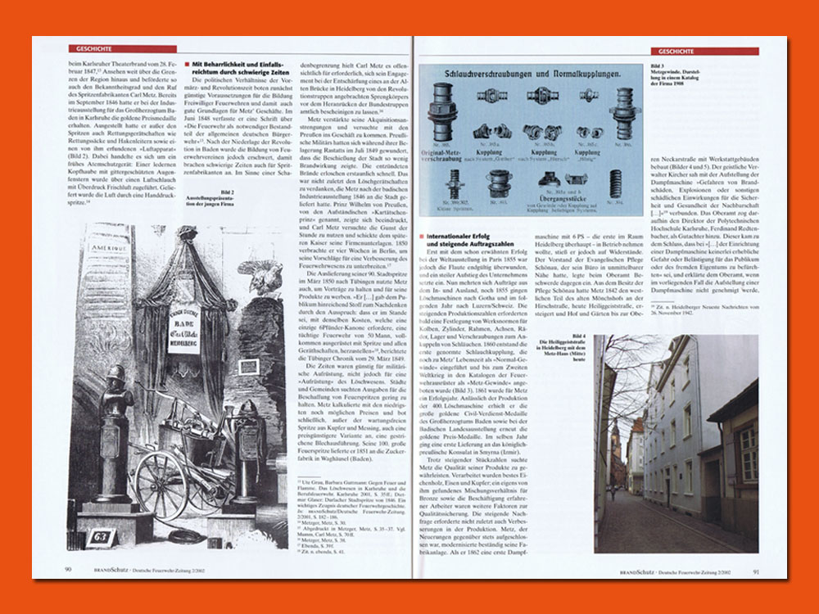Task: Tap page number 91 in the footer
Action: (x=756, y=570)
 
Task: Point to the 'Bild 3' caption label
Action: (x=658, y=63)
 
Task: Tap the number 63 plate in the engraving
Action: (x=103, y=535)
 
